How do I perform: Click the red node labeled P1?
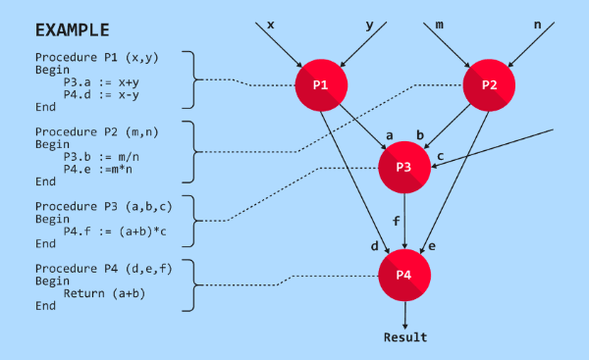pos(321,85)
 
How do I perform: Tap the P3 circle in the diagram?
pos(405,166)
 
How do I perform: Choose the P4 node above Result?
pos(404,275)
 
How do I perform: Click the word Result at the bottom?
pos(405,337)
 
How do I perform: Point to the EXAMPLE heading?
pos(72,29)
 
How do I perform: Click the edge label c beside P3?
pos(441,156)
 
